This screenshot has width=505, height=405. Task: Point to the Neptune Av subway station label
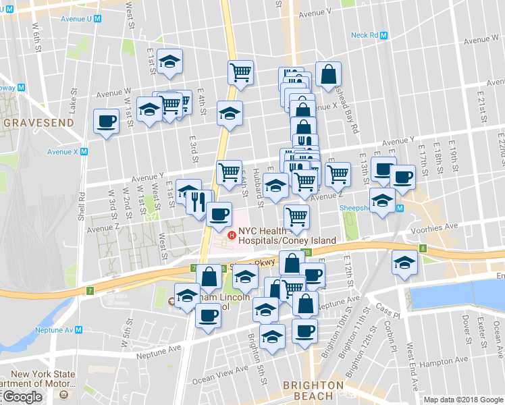tap(58, 331)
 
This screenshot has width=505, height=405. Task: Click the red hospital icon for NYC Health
tap(232, 235)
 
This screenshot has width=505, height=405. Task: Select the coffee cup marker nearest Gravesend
tap(105, 122)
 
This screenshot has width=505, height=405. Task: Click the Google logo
tap(22, 397)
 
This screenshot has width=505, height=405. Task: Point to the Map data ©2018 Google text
tap(463, 400)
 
